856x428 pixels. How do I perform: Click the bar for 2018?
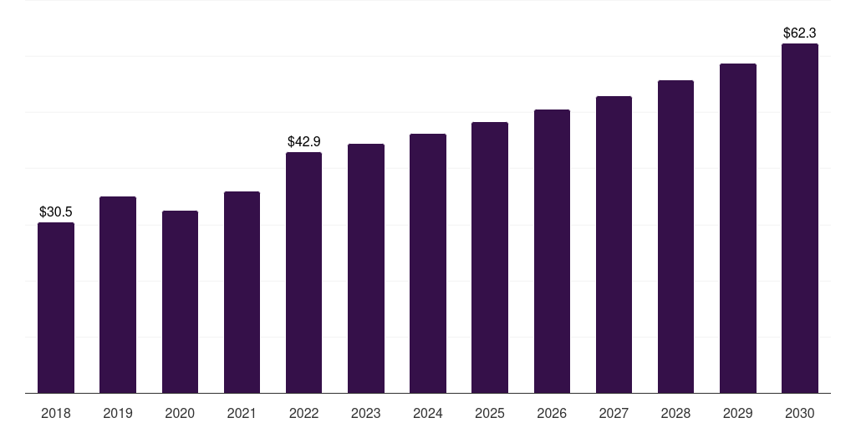pyautogui.click(x=56, y=308)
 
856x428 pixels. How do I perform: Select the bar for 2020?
pyautogui.click(x=180, y=302)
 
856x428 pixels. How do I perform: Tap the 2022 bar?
pyautogui.click(x=303, y=273)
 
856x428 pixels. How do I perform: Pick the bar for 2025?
pyautogui.click(x=490, y=257)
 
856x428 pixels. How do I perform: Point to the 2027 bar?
pyautogui.click(x=614, y=245)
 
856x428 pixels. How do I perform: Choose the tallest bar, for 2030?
pyautogui.click(x=800, y=218)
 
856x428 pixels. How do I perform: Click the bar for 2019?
pyautogui.click(x=118, y=295)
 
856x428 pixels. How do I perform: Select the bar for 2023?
pyautogui.click(x=366, y=268)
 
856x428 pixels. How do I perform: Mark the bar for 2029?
pyautogui.click(x=738, y=228)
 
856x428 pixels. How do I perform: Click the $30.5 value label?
pyautogui.click(x=56, y=211)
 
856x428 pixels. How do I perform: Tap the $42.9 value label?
pyautogui.click(x=304, y=141)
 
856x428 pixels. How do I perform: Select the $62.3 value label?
pyautogui.click(x=800, y=33)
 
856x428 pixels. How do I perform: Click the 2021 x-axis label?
pyautogui.click(x=242, y=413)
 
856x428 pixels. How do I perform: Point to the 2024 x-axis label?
pyautogui.click(x=428, y=413)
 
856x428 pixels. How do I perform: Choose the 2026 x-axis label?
pyautogui.click(x=552, y=413)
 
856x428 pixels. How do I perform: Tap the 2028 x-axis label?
pyautogui.click(x=675, y=413)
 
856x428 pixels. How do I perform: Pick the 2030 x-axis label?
pyautogui.click(x=800, y=413)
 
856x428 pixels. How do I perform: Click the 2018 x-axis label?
pyautogui.click(x=56, y=413)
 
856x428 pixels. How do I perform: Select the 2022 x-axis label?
pyautogui.click(x=303, y=413)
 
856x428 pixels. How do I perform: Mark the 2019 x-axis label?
pyautogui.click(x=118, y=413)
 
